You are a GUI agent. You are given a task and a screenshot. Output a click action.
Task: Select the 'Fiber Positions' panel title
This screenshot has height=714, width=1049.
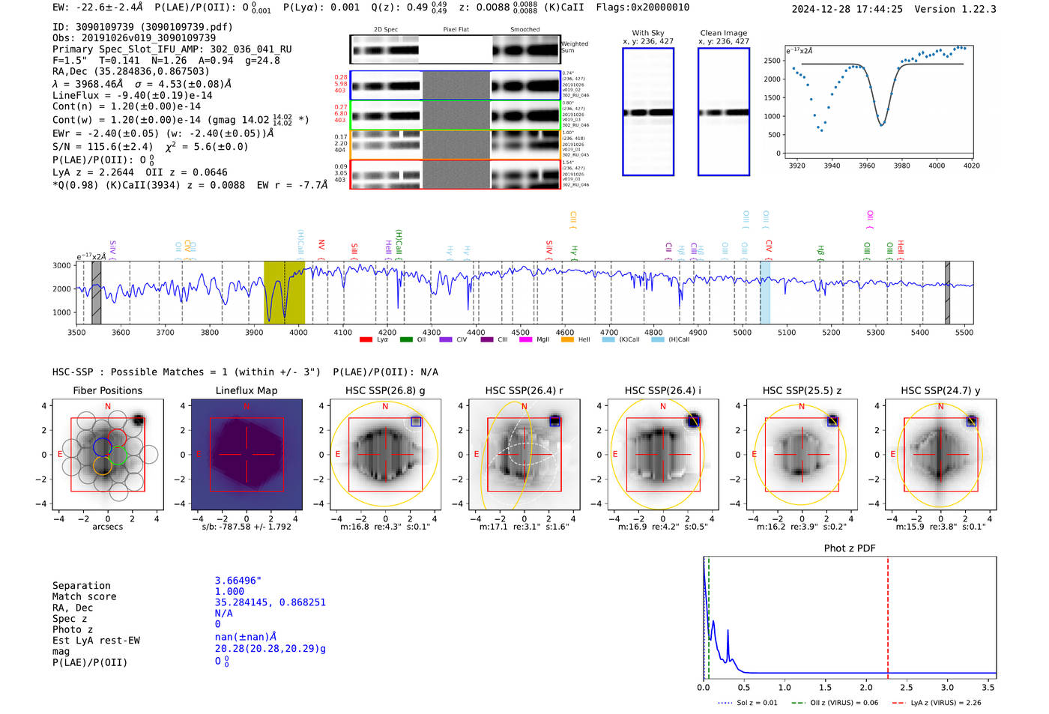(x=107, y=390)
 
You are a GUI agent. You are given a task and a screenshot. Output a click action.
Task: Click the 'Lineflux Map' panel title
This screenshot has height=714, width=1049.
(x=246, y=390)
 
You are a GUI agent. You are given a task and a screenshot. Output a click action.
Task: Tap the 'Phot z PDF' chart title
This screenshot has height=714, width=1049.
(x=849, y=548)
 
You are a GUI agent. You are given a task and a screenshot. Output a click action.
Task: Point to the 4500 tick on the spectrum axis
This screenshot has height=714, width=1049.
(x=520, y=333)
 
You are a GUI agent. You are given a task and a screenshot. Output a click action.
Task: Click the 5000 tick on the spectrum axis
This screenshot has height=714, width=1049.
(x=742, y=333)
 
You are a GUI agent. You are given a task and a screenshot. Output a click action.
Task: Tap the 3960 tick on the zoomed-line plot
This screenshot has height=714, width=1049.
(x=866, y=166)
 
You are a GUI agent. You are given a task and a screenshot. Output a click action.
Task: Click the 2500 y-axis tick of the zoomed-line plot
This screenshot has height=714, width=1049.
(x=772, y=61)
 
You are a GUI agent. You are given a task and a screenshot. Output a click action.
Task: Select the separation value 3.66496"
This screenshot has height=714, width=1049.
(x=238, y=581)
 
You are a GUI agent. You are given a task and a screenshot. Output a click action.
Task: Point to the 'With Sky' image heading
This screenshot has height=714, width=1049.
(x=647, y=33)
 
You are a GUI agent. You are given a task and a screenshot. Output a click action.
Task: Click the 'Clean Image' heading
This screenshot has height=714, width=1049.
(x=723, y=33)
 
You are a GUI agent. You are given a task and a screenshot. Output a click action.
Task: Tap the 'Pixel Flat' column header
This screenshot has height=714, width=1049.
(x=456, y=30)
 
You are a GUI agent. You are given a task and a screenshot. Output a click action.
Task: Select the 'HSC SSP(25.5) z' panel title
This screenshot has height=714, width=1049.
(x=802, y=390)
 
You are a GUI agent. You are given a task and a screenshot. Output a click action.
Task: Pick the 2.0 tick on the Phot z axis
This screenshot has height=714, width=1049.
(x=865, y=687)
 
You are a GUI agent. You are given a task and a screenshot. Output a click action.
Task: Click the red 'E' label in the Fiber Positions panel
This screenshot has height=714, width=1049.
(x=60, y=455)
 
